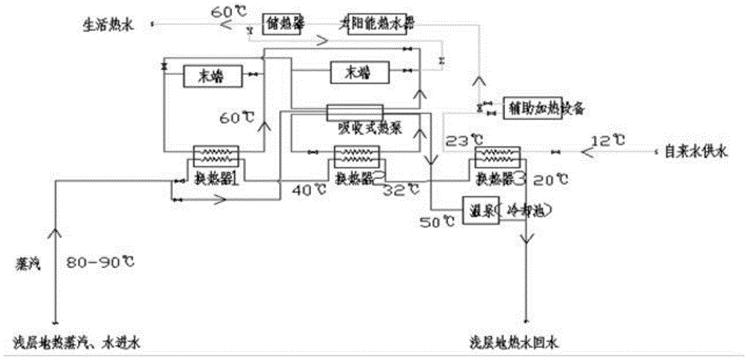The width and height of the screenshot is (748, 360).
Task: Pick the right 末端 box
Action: click(360, 73)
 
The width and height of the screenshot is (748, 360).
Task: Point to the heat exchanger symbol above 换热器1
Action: click(215, 156)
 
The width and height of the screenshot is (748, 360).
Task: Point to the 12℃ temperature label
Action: click(605, 140)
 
